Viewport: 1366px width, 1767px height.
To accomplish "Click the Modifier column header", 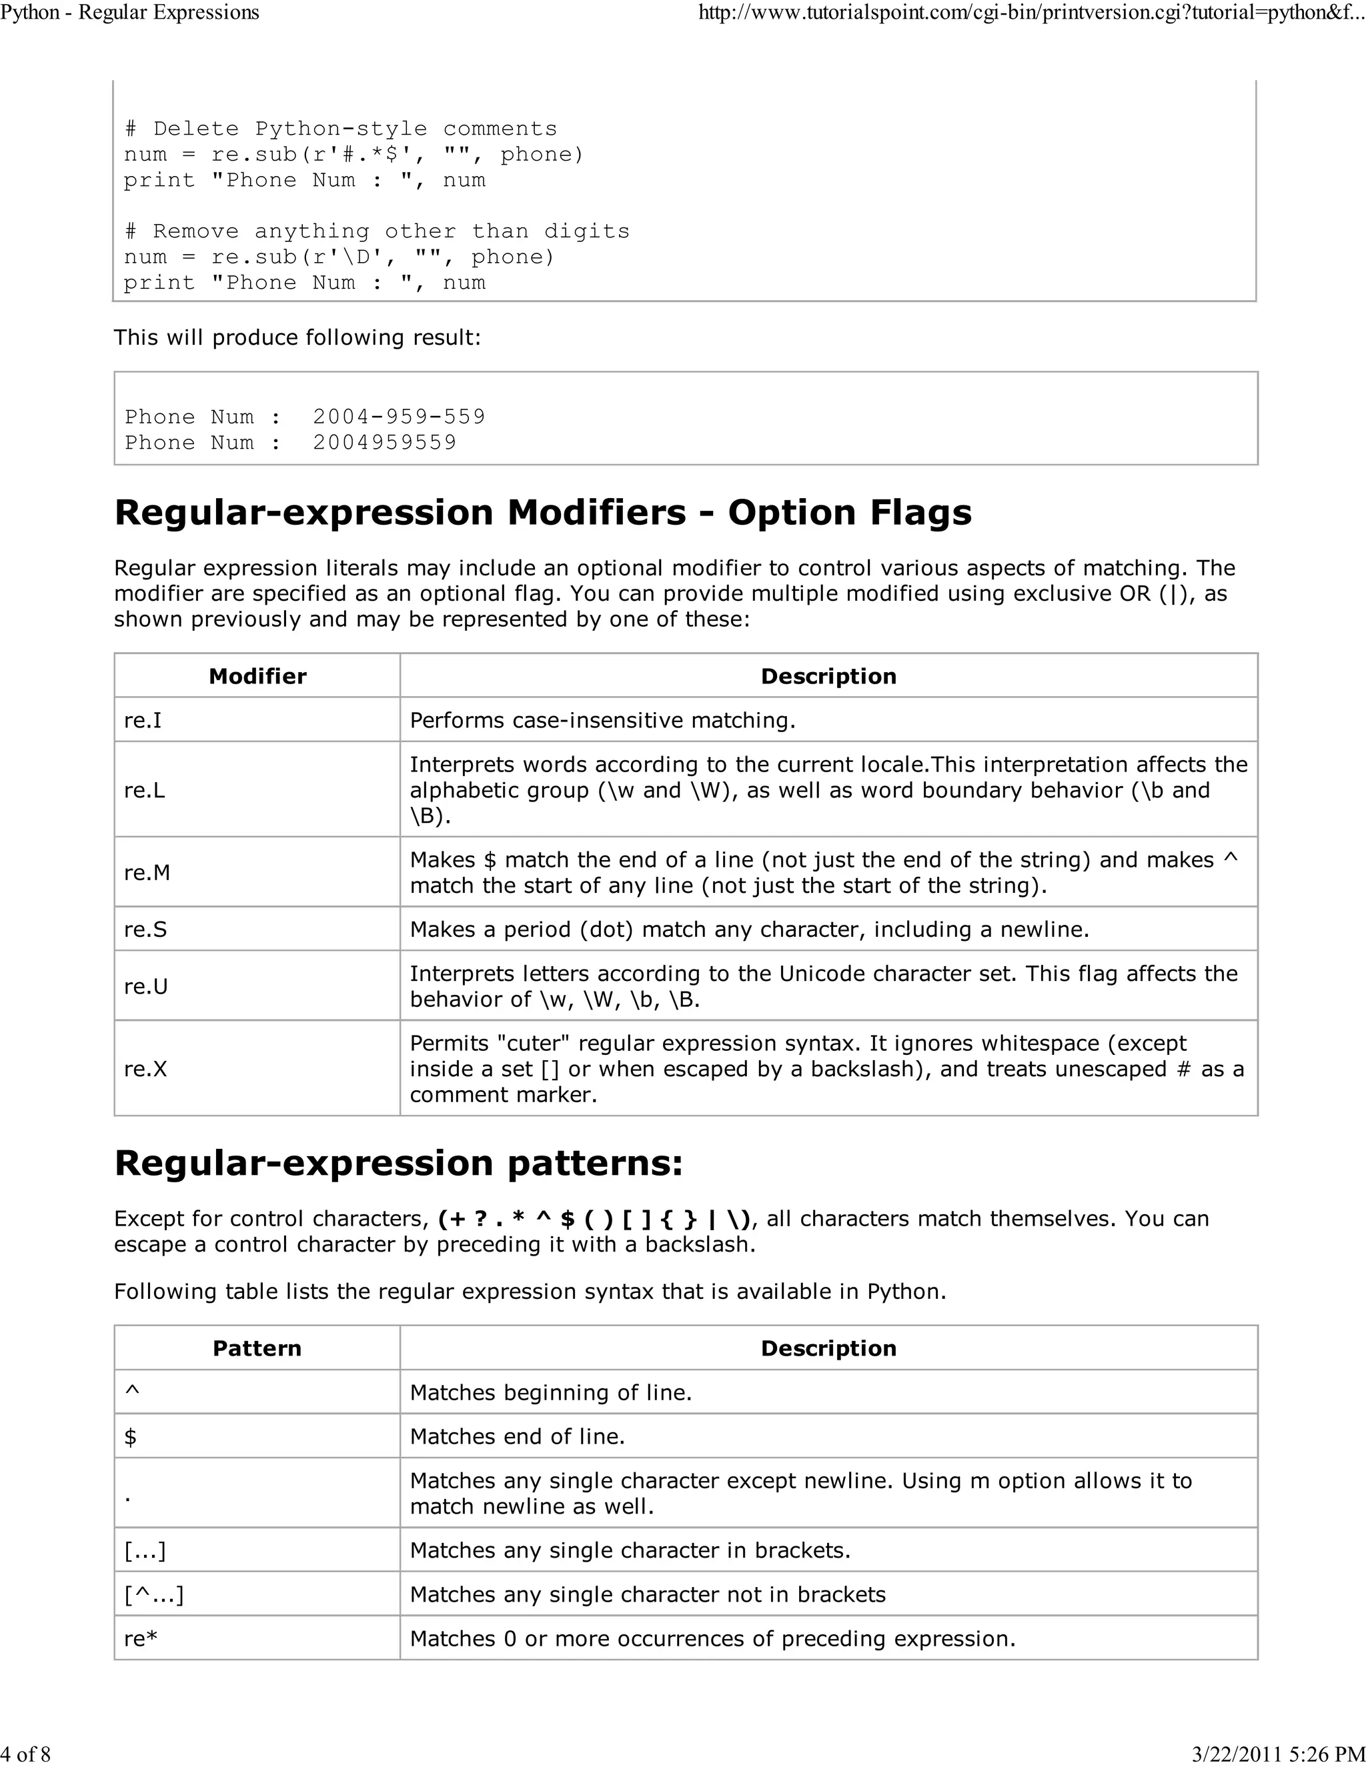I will [257, 676].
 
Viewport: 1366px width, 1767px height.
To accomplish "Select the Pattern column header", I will [257, 1348].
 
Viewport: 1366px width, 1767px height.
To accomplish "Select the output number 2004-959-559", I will [399, 417].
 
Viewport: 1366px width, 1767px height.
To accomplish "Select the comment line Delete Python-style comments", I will [341, 129].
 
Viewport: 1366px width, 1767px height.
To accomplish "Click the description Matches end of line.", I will [517, 1437].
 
